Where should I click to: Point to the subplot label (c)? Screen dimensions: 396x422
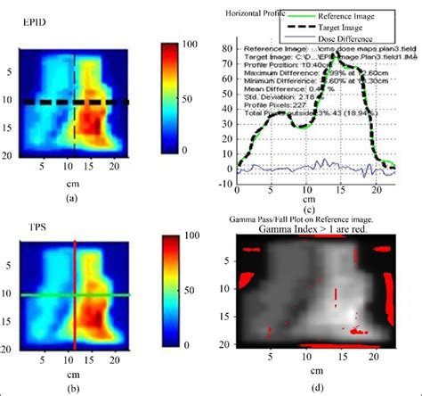(309, 210)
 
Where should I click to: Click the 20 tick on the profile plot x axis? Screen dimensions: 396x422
(374, 191)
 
